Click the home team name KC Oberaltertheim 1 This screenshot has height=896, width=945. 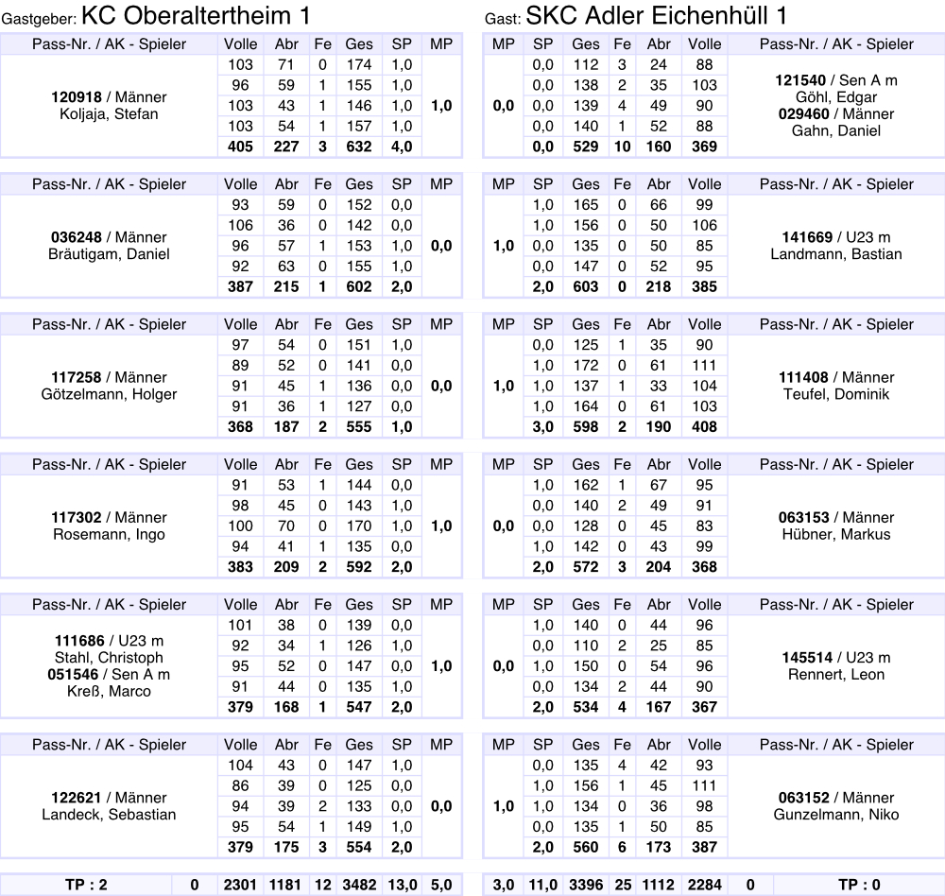[196, 15]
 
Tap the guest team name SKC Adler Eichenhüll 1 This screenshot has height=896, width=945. [656, 15]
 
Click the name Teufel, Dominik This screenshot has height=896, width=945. [836, 394]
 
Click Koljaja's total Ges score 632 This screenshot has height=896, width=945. [359, 146]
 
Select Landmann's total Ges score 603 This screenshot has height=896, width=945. [586, 286]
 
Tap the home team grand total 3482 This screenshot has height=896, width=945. [359, 885]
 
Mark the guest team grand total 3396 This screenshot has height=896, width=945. [586, 885]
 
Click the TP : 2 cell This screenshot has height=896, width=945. [87, 885]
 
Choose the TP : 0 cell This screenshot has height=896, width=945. [859, 885]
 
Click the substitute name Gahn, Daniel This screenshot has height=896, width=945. [836, 131]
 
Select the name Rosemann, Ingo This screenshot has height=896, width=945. [109, 534]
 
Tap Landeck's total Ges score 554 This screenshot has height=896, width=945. [359, 847]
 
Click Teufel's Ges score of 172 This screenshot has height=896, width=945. [586, 365]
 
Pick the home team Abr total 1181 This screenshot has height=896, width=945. [285, 885]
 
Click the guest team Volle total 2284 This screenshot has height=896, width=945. [704, 885]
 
